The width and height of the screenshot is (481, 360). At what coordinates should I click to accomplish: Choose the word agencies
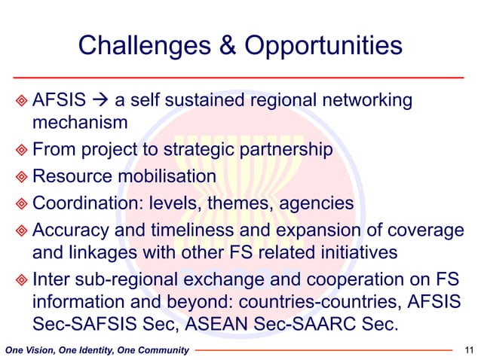318,203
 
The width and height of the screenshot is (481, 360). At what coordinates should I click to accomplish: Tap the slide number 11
470,349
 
